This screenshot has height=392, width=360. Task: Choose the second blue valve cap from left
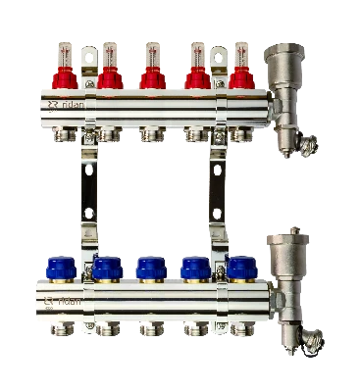(108, 267)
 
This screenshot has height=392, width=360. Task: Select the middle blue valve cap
(150, 267)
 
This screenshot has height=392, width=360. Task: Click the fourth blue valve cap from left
(195, 267)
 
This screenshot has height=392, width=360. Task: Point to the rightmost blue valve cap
(238, 267)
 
